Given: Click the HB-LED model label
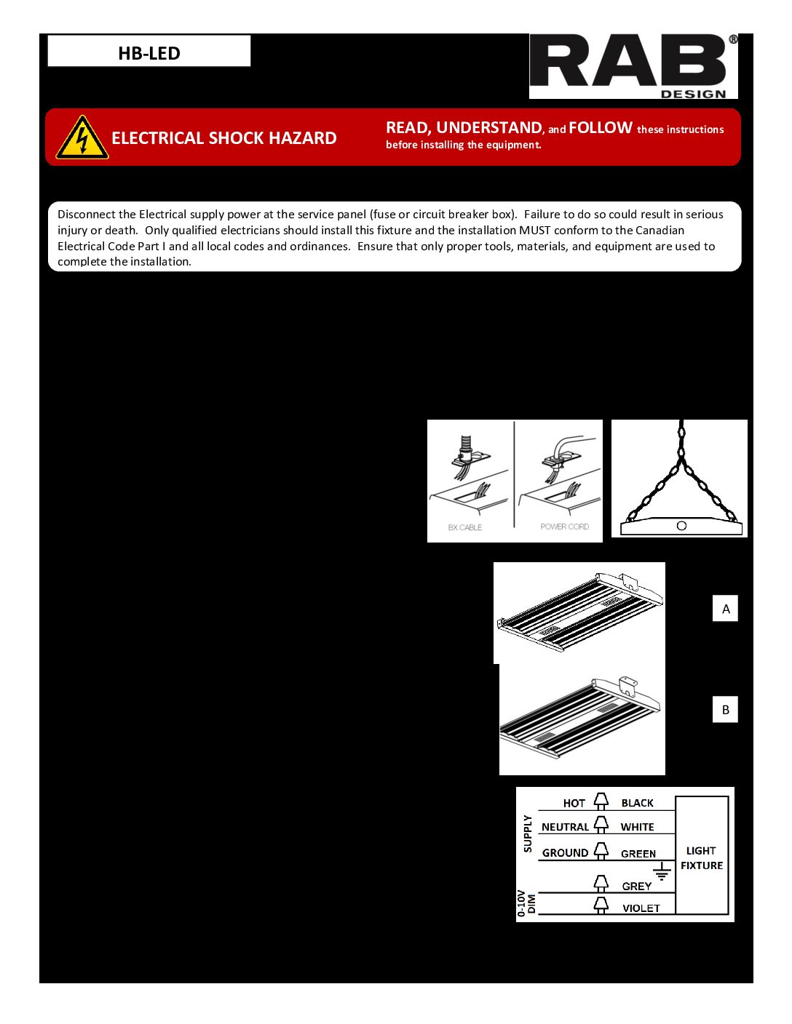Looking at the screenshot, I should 149,53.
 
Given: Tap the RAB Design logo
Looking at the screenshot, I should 633,66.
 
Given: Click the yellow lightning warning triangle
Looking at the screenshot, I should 82,137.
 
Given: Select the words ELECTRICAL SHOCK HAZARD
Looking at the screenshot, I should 223,138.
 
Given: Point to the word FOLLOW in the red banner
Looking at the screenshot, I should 600,128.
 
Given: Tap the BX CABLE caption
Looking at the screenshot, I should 464,527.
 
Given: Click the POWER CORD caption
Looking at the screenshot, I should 564,527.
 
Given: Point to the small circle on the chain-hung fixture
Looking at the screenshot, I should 681,526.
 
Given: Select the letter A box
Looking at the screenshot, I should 725,609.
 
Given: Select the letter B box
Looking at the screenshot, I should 725,710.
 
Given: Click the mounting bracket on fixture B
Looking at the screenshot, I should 627,685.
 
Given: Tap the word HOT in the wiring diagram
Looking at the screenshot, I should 574,804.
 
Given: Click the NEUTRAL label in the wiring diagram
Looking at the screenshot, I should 565,827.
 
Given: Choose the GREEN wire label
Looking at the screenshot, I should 638,854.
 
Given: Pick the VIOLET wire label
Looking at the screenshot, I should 641,908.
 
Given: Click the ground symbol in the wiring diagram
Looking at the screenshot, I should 661,871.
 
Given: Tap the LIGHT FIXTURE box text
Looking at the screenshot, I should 701,858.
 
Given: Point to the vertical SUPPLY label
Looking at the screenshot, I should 528,833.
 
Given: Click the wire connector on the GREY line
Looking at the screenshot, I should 601,883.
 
